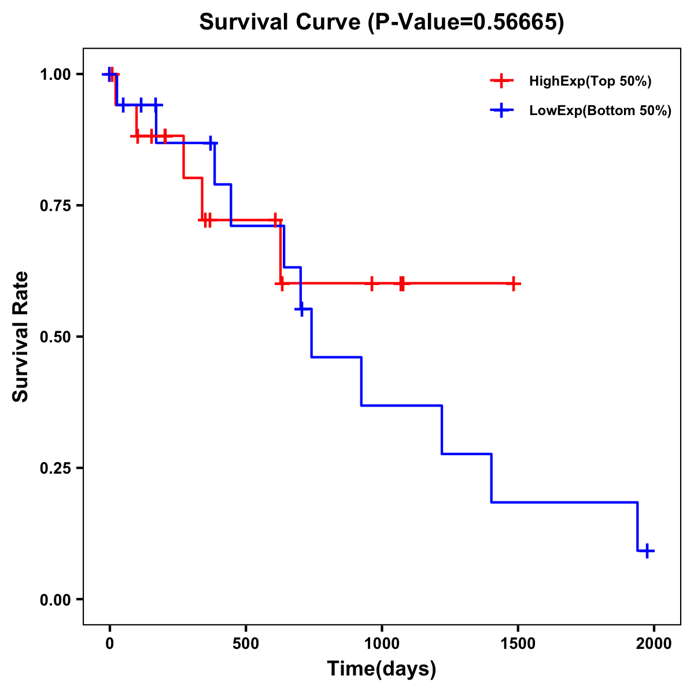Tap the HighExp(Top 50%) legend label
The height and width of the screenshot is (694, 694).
590,82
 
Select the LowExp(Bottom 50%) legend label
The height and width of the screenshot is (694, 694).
600,111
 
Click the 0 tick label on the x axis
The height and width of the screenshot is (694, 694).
110,644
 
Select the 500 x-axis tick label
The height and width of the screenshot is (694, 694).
246,644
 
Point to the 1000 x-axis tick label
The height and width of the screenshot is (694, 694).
382,644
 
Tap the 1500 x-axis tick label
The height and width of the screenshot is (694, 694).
518,644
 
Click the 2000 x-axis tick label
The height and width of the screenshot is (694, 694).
654,644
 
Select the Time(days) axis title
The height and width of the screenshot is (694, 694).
382,669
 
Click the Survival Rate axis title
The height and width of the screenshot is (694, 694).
21,337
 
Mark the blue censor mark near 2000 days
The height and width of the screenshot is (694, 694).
647,551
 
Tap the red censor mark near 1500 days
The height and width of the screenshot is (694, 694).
513,283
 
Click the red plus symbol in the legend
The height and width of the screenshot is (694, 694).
501,82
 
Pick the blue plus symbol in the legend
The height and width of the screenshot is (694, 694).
501,111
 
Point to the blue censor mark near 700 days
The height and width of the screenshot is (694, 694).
301,309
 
